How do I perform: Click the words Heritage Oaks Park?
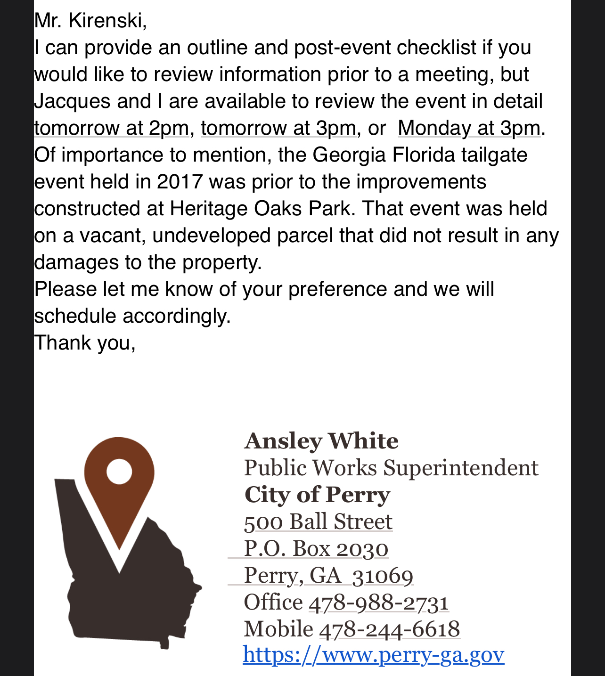pyautogui.click(x=260, y=209)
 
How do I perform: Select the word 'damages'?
pyautogui.click(x=76, y=262)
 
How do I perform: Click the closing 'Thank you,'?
pyautogui.click(x=85, y=343)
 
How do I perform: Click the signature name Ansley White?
pyautogui.click(x=321, y=441)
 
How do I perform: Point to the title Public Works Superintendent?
pyautogui.click(x=391, y=468)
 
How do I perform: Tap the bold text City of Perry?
pyautogui.click(x=317, y=495)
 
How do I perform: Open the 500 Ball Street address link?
pyautogui.click(x=318, y=522)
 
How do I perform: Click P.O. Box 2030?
pyautogui.click(x=316, y=549)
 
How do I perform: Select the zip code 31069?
pyautogui.click(x=383, y=576)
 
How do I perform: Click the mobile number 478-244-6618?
pyautogui.click(x=390, y=629)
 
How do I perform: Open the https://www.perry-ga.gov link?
pyautogui.click(x=374, y=655)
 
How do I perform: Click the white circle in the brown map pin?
pyautogui.click(x=119, y=472)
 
